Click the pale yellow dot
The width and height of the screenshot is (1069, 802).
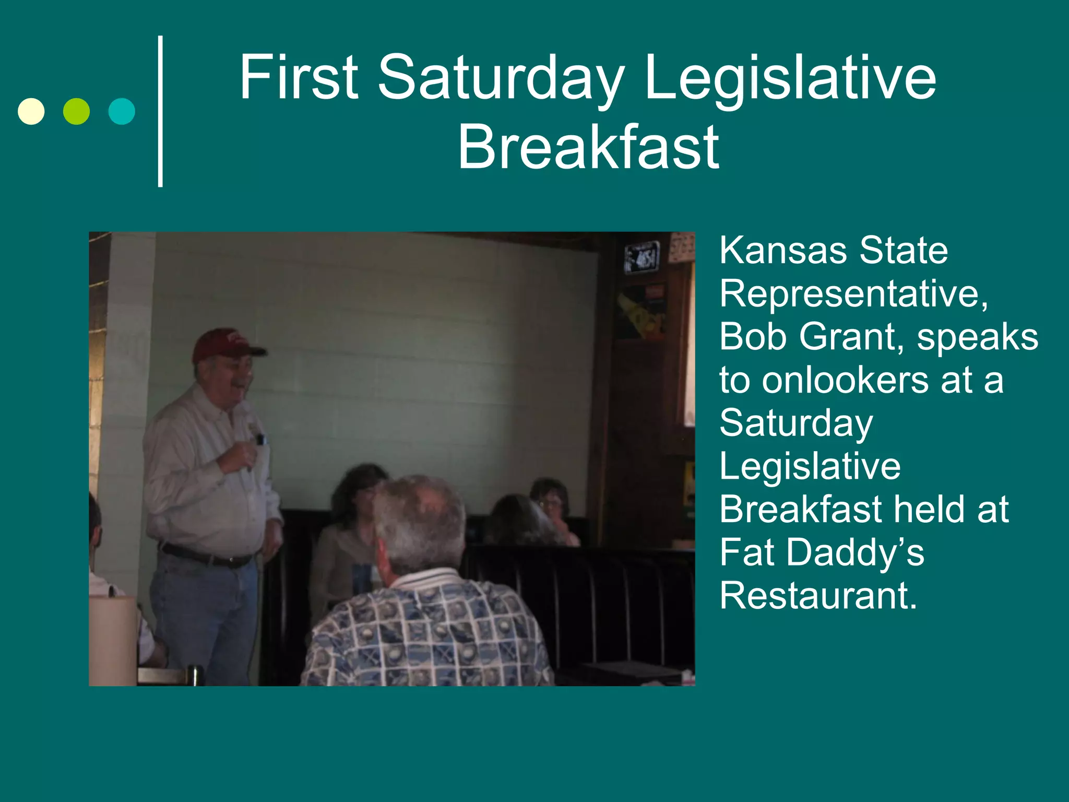pyautogui.click(x=31, y=111)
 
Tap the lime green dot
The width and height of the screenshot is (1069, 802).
pyautogui.click(x=76, y=111)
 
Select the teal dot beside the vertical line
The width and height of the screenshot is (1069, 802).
pyautogui.click(x=122, y=111)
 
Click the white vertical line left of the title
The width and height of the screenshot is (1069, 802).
pyautogui.click(x=160, y=111)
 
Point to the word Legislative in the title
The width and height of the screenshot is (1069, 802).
pyautogui.click(x=791, y=78)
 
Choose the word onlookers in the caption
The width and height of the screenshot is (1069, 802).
pyautogui.click(x=846, y=380)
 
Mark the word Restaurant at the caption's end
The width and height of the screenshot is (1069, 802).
pyautogui.click(x=818, y=596)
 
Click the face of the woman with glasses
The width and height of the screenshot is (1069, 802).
pyautogui.click(x=552, y=501)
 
